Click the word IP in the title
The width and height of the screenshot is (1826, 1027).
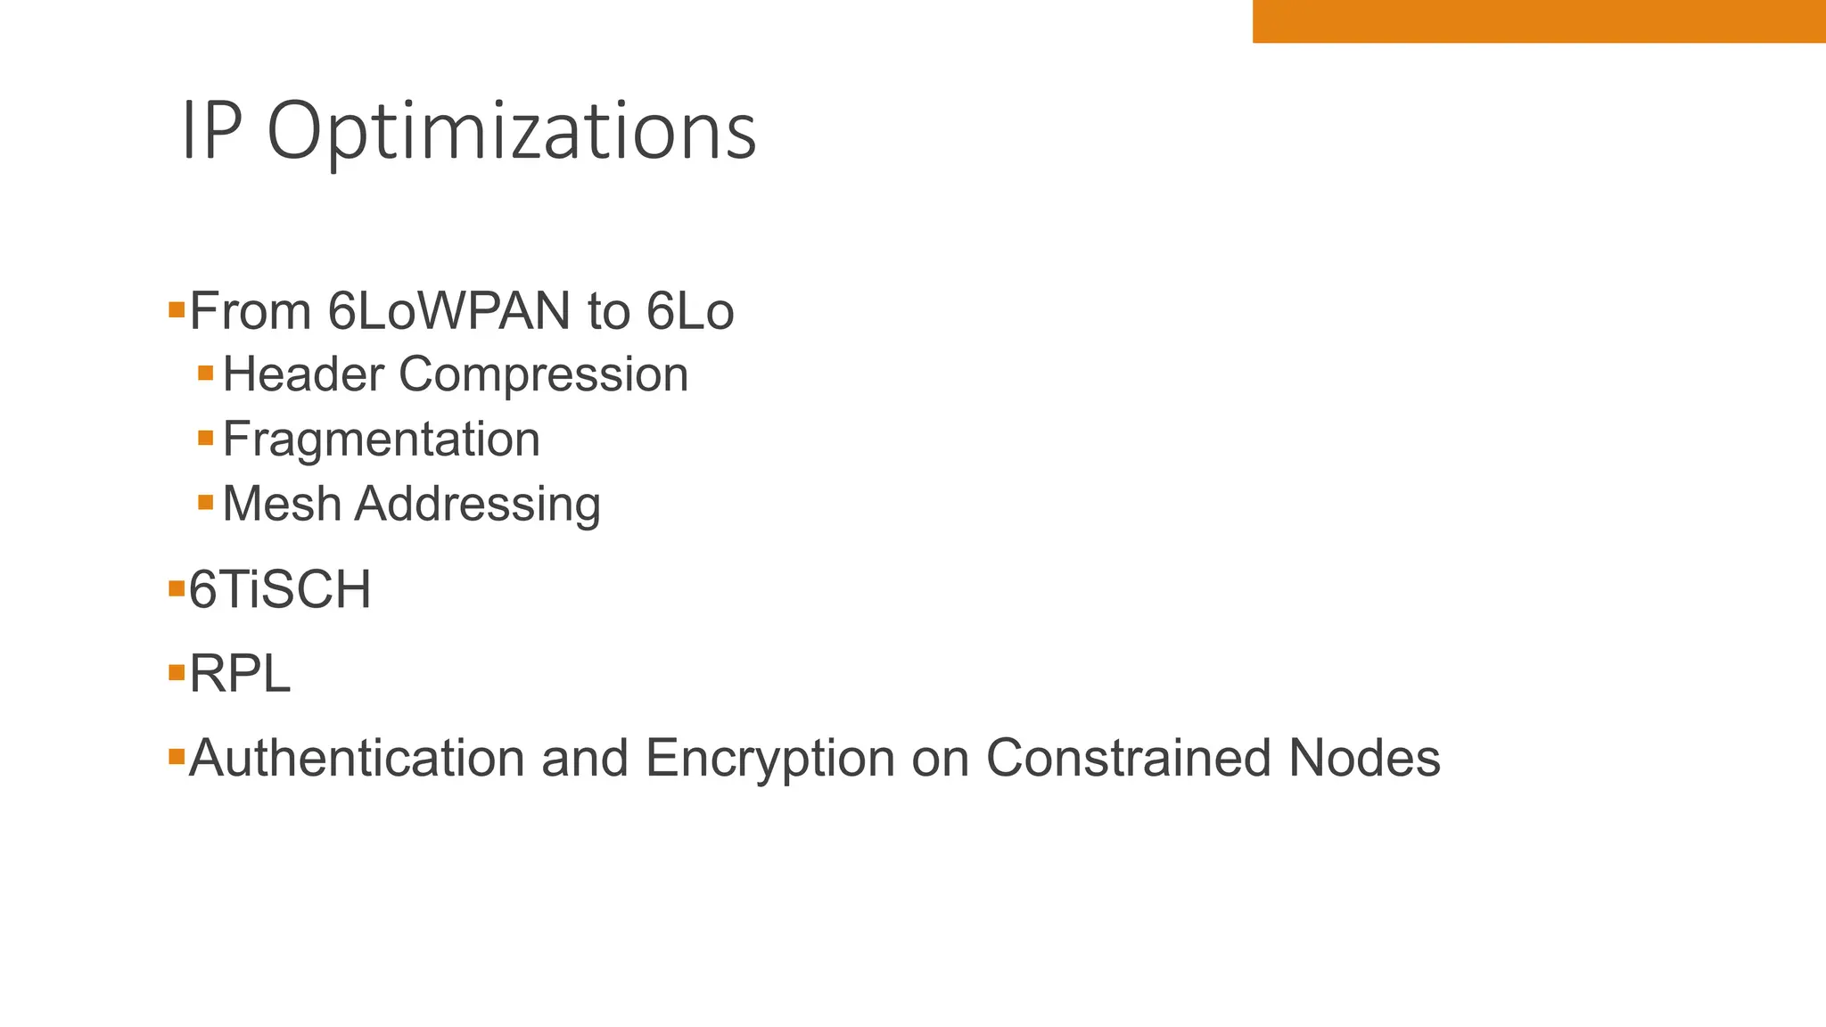pyautogui.click(x=211, y=132)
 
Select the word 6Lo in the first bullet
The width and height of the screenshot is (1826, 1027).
pyautogui.click(x=690, y=312)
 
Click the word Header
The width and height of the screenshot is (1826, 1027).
pyautogui.click(x=303, y=374)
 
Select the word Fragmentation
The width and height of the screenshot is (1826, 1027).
pyautogui.click(x=382, y=440)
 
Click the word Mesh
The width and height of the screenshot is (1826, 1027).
pyautogui.click(x=282, y=504)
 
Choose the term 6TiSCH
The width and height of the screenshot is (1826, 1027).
pyautogui.click(x=280, y=590)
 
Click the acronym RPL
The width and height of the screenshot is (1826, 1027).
pyautogui.click(x=240, y=674)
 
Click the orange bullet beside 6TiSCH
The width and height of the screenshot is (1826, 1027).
pyautogui.click(x=177, y=588)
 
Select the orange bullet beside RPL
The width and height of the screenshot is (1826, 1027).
pyautogui.click(x=177, y=672)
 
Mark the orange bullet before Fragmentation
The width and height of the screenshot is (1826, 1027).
pyautogui.click(x=206, y=438)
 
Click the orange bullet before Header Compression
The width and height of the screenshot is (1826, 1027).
pyautogui.click(x=206, y=373)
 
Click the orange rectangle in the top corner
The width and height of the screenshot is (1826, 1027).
pyautogui.click(x=1539, y=21)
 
